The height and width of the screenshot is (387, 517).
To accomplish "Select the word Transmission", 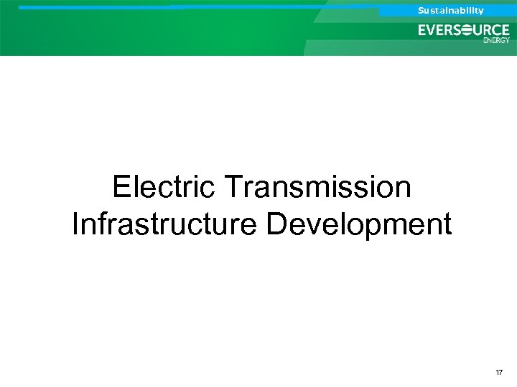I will point(318,188).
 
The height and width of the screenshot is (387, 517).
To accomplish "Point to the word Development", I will point(359,224).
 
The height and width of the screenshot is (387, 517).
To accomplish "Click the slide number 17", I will point(499,373).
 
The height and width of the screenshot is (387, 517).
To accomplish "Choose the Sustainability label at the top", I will point(451,10).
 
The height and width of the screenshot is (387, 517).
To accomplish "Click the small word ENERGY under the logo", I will point(497,40).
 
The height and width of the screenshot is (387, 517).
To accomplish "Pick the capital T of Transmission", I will point(233,188).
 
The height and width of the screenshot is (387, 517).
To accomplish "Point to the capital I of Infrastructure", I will point(75,224).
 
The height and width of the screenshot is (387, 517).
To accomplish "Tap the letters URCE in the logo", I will point(493,30).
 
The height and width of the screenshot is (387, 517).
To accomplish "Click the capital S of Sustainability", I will point(421,10).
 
